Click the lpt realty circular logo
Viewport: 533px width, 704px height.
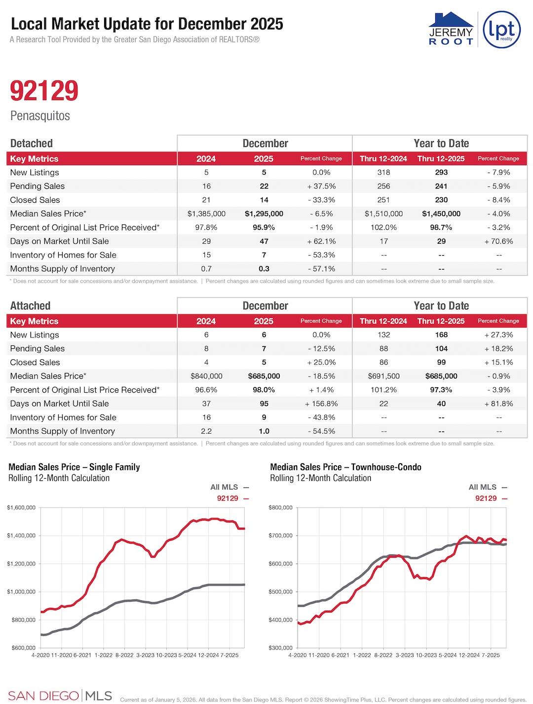[x=501, y=30]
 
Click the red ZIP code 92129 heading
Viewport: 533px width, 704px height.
[x=44, y=91]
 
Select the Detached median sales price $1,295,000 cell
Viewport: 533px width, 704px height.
[x=264, y=214]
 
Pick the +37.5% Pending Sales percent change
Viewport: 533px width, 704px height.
[x=321, y=186]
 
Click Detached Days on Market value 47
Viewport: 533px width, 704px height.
[x=264, y=241]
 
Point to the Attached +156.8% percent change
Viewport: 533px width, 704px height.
[x=321, y=404]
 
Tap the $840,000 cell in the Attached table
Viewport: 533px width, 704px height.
[x=206, y=376]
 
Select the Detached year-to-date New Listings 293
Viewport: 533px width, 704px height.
[x=441, y=172]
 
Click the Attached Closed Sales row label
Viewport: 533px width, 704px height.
[x=35, y=362]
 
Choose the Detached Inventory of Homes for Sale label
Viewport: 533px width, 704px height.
[x=63, y=255]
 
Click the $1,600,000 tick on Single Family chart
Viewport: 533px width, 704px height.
[x=21, y=507]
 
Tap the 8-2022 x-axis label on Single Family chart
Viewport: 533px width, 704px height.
[x=124, y=655]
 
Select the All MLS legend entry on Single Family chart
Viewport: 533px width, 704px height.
[x=229, y=487]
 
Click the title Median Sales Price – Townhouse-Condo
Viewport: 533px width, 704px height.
[x=345, y=467]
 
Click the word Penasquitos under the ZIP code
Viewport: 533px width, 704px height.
[x=40, y=116]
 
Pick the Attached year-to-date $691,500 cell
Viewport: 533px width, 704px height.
[x=383, y=376]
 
